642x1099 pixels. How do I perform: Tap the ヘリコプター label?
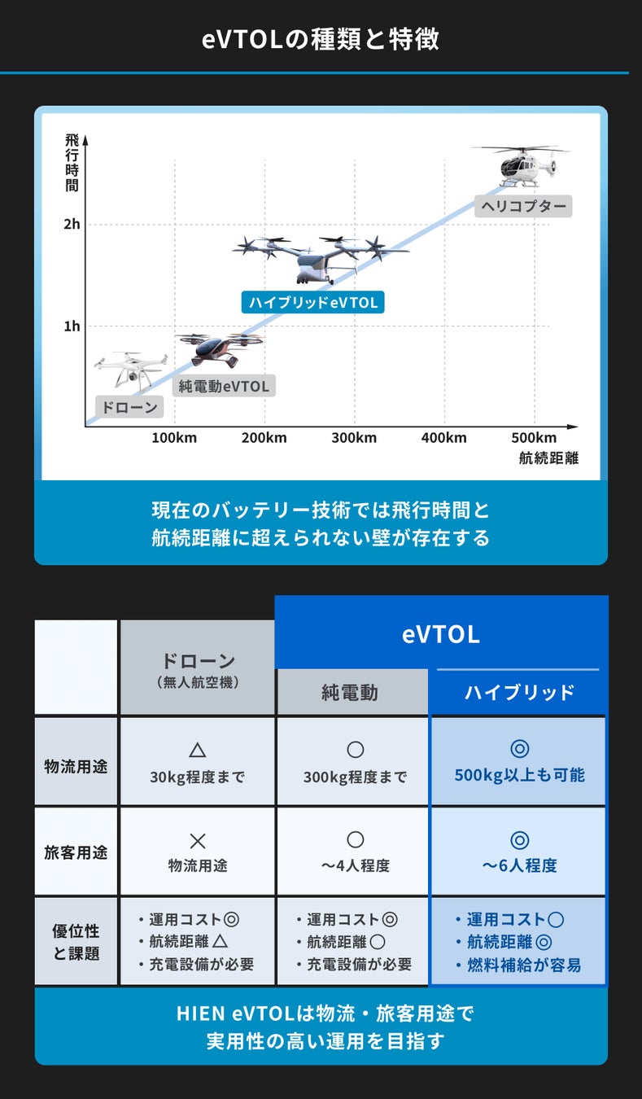tap(523, 206)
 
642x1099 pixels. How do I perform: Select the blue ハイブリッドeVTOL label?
tap(313, 302)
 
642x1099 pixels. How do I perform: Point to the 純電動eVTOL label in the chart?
tap(224, 386)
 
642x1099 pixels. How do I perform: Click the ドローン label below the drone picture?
tap(129, 407)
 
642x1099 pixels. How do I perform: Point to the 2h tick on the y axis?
tap(72, 225)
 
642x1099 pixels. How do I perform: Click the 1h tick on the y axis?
tap(72, 326)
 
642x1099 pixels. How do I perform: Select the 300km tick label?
tap(354, 438)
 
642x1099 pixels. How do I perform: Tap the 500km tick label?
tap(534, 438)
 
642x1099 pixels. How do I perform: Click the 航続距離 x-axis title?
tap(548, 458)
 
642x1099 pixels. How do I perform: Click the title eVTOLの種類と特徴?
tap(321, 40)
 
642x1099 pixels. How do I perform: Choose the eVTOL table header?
tap(440, 634)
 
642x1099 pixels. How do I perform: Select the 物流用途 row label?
tap(76, 766)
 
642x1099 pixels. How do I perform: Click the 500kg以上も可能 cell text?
tap(519, 775)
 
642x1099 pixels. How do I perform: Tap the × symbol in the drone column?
tap(197, 840)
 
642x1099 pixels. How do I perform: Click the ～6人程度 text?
tap(519, 865)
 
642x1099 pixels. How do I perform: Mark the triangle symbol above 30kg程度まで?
tap(197, 750)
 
